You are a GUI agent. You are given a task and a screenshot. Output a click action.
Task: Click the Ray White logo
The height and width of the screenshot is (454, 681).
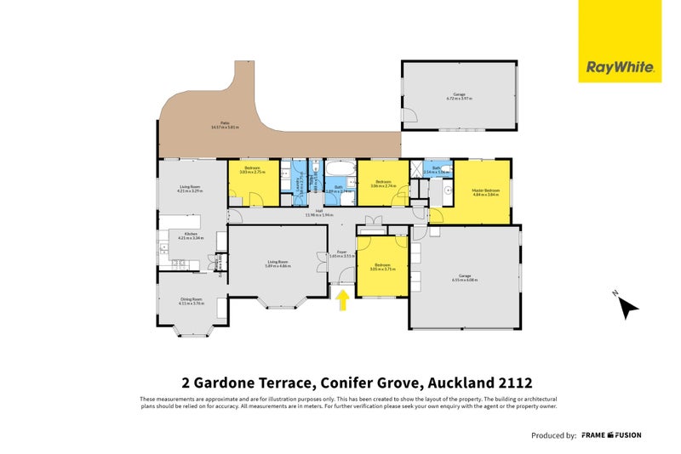[620, 67]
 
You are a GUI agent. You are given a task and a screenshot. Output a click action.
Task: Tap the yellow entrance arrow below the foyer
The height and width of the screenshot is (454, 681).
[343, 299]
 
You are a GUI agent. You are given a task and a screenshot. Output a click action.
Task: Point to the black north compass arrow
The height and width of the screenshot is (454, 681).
[627, 307]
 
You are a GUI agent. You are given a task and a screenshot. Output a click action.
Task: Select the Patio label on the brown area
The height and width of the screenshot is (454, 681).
[225, 125]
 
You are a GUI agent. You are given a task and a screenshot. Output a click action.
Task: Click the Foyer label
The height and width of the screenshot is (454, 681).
[341, 253]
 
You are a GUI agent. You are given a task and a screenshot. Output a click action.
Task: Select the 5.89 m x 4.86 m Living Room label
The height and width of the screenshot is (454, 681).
[278, 264]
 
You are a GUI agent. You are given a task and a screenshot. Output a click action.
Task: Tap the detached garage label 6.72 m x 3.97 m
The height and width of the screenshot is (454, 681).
[460, 97]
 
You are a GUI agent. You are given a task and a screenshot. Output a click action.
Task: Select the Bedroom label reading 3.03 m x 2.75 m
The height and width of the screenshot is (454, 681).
[252, 170]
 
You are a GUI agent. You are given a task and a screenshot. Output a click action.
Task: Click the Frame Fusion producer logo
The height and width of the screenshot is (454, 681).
[611, 435]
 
